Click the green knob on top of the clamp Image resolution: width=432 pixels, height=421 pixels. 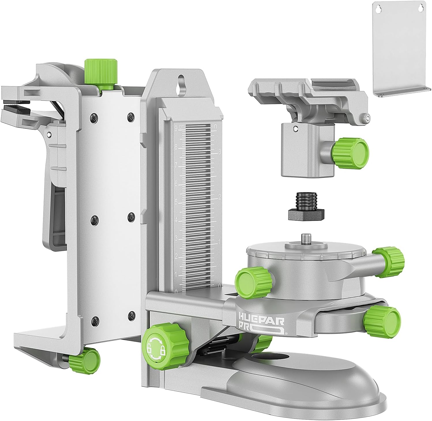[101, 71]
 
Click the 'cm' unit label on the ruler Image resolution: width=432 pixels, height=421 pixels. [181, 127]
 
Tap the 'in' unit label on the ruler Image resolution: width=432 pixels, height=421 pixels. [215, 126]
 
